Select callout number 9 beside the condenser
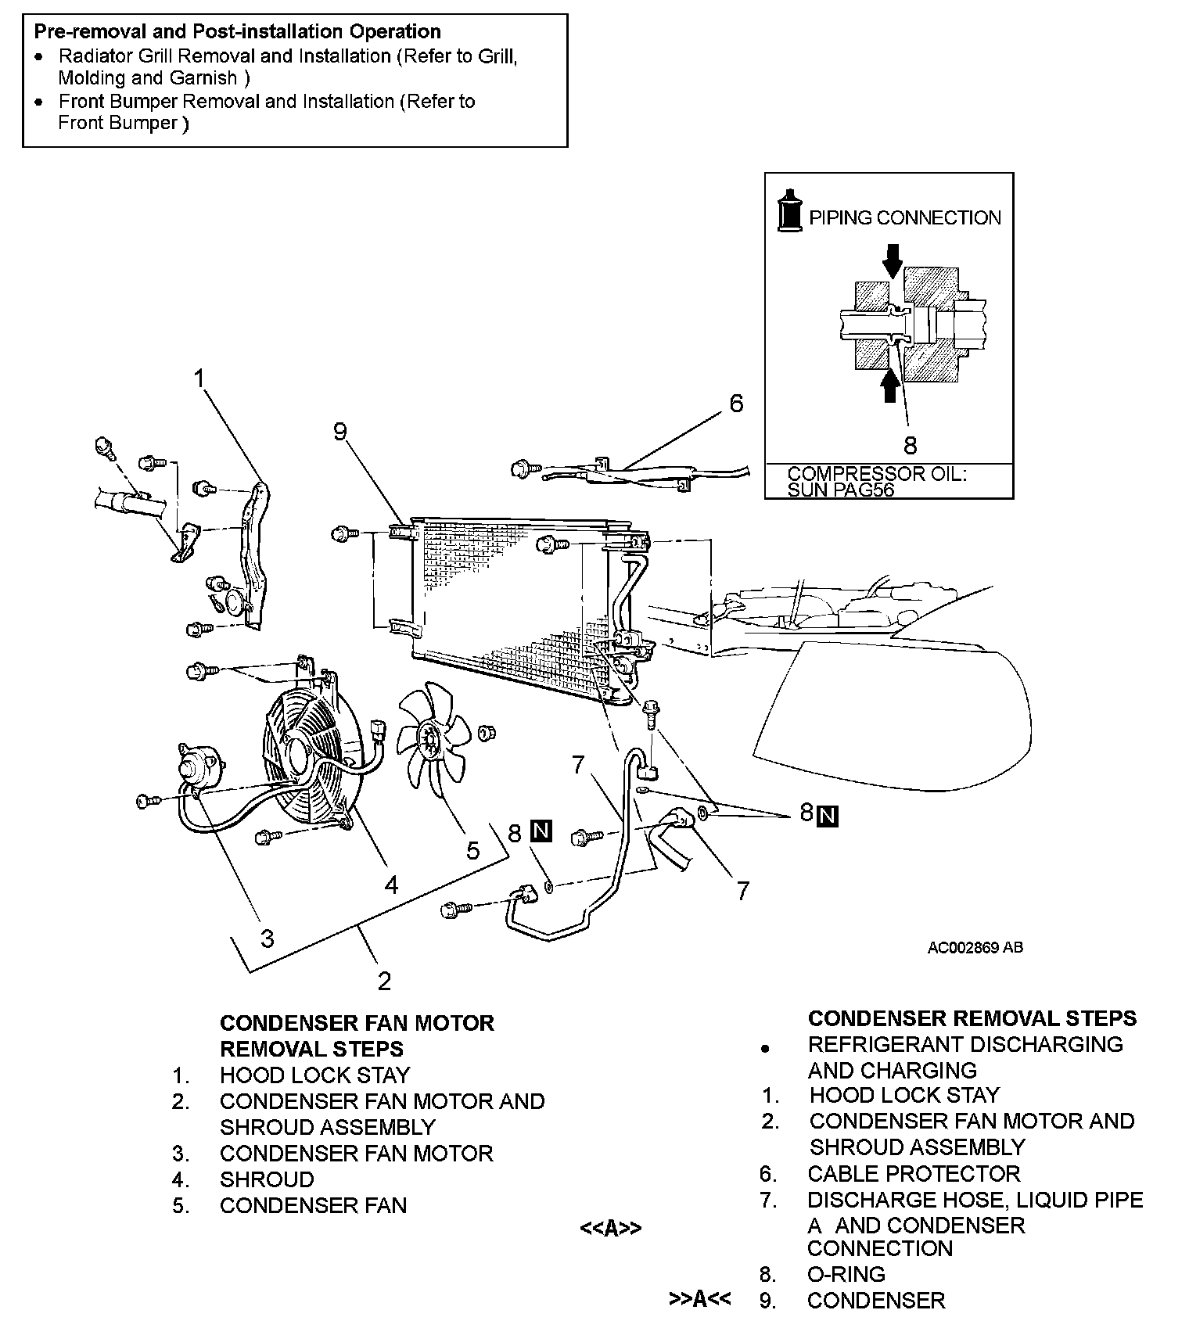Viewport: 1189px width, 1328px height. pos(339,431)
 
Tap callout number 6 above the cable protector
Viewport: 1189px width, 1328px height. pos(736,404)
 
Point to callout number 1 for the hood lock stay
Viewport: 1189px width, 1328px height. pos(199,379)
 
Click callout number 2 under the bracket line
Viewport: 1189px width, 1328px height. pos(383,981)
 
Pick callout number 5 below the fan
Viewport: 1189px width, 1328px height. pos(472,850)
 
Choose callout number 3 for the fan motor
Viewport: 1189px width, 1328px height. pos(267,938)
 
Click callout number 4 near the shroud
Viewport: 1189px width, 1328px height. pos(391,885)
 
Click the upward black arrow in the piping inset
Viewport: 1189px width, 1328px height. pos(889,385)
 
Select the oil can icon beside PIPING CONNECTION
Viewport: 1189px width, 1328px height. pos(790,210)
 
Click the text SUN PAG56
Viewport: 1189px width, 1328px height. pos(840,490)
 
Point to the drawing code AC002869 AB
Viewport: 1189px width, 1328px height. pos(975,948)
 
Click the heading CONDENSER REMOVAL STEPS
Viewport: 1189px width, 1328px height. pos(972,1018)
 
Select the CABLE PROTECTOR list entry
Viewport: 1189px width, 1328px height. pos(914,1173)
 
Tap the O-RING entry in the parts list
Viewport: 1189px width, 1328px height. pos(846,1274)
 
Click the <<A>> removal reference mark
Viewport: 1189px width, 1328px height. pos(610,1229)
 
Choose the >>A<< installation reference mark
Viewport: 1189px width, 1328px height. pos(699,1300)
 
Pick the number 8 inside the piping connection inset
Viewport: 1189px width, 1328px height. pos(910,445)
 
